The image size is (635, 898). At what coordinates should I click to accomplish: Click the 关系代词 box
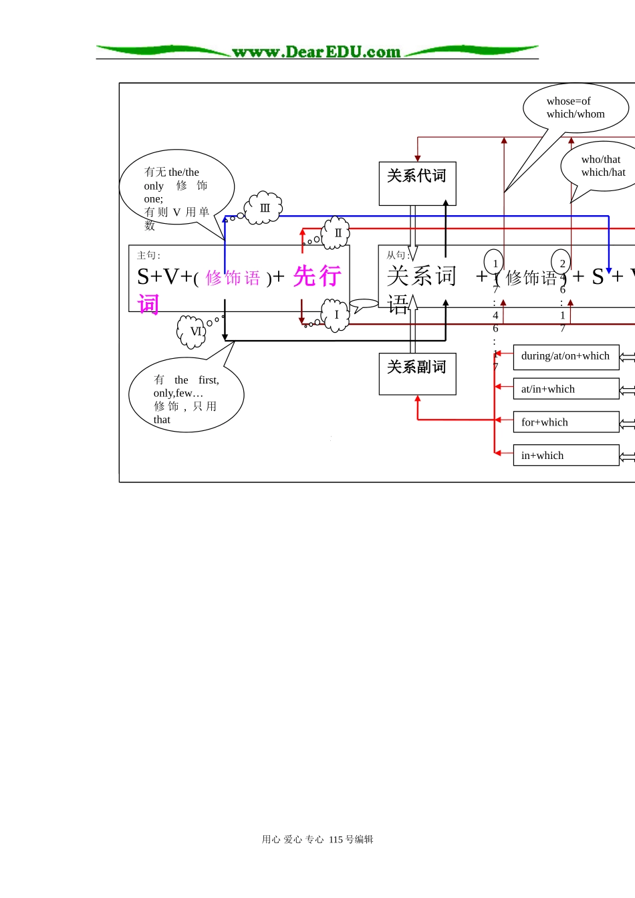tap(417, 183)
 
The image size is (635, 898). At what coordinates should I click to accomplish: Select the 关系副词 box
tap(417, 373)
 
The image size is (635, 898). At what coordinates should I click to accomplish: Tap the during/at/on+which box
tap(565, 357)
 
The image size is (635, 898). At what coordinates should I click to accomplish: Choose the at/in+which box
tap(565, 389)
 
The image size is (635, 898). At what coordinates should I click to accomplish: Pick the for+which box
tap(565, 422)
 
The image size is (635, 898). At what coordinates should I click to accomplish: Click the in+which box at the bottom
tap(565, 455)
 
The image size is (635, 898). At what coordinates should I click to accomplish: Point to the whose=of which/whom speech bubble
tap(575, 108)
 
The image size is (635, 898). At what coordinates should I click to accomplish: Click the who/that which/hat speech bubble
tap(602, 166)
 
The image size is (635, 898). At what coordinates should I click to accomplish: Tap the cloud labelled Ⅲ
tap(265, 208)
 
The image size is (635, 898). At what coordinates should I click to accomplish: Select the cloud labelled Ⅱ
tap(337, 233)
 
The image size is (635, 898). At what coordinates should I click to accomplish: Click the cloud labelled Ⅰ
tap(336, 315)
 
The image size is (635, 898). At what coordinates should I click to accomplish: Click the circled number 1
tap(494, 263)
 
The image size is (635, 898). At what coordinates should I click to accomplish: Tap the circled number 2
tap(561, 263)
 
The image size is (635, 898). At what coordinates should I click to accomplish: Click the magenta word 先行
tap(317, 276)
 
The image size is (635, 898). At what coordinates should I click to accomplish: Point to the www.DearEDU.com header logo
tap(317, 51)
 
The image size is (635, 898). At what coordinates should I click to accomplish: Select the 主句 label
tap(148, 255)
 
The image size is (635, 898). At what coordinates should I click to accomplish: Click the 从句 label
tap(398, 255)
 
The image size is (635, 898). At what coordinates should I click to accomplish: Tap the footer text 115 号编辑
tap(351, 839)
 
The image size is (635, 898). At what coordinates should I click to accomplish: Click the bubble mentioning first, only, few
tap(186, 400)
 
